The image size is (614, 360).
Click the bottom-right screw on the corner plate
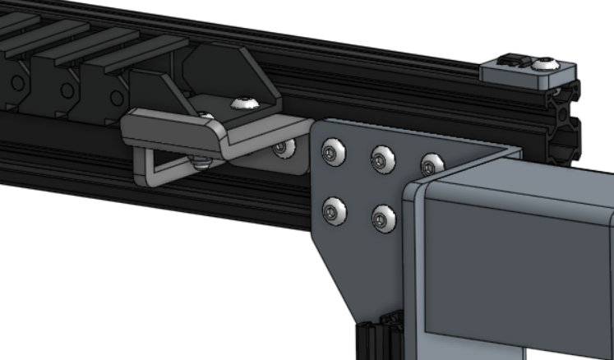click(x=382, y=219)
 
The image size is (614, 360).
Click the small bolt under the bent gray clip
click(x=199, y=162)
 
